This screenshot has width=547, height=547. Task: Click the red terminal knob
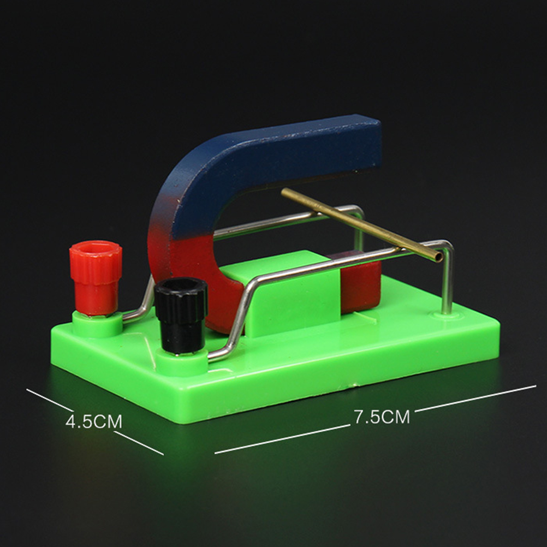96,277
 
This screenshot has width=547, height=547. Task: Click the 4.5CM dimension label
94,421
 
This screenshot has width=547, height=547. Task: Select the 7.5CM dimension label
382,416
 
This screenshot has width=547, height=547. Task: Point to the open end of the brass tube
438,257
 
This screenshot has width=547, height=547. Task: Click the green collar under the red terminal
97,324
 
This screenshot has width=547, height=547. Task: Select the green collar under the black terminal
182,361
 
